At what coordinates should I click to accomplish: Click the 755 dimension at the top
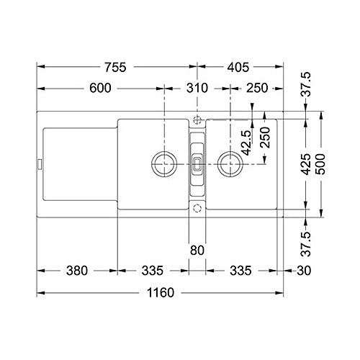coord(115,67)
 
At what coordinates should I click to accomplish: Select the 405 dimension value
coord(236,67)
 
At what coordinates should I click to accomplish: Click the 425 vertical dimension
coord(307,164)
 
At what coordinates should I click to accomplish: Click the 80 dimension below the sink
coord(197,250)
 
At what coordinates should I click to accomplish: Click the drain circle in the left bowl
coord(163,163)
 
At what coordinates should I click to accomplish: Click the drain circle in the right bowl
coord(230,163)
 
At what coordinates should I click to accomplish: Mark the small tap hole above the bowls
coord(197,120)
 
